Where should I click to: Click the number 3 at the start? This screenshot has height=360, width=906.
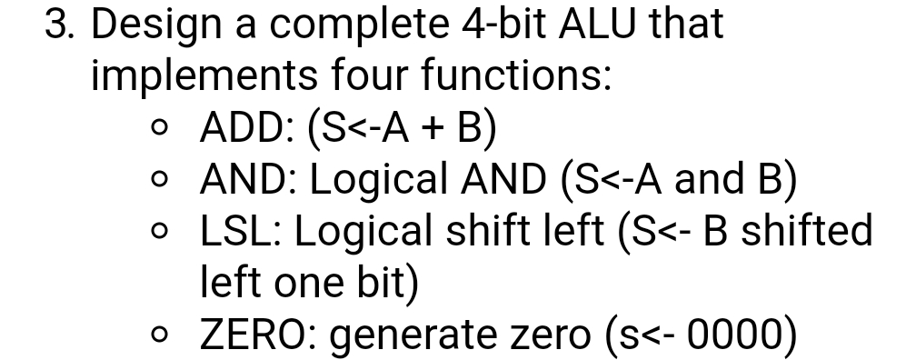pos(57,25)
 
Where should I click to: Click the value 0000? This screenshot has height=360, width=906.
pos(732,336)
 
